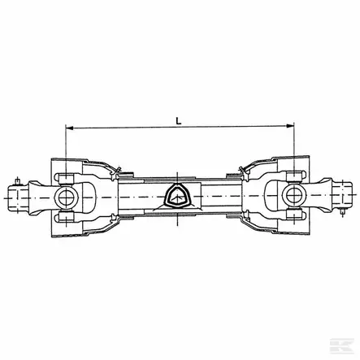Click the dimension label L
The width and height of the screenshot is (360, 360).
tap(178, 121)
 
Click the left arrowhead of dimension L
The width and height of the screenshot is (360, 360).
tap(69, 128)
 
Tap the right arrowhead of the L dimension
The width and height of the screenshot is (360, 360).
tap(290, 125)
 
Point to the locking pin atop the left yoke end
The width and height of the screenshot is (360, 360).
tap(18, 181)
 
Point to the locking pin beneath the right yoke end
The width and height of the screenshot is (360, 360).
tap(342, 211)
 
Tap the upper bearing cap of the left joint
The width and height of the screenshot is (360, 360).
tap(66, 179)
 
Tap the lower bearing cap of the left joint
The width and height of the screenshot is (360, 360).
tap(66, 216)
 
